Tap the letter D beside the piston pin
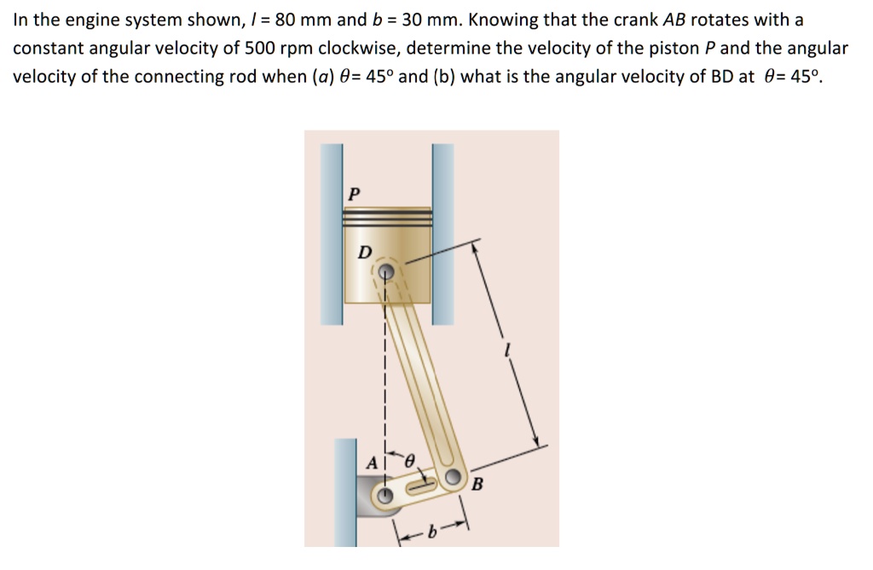click(364, 252)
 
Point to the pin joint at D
click(386, 272)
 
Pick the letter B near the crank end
click(477, 486)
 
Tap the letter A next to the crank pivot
click(371, 462)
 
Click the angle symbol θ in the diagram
click(409, 460)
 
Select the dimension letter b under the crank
click(433, 530)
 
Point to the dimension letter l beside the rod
click(508, 349)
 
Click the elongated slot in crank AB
click(422, 487)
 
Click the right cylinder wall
click(443, 235)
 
